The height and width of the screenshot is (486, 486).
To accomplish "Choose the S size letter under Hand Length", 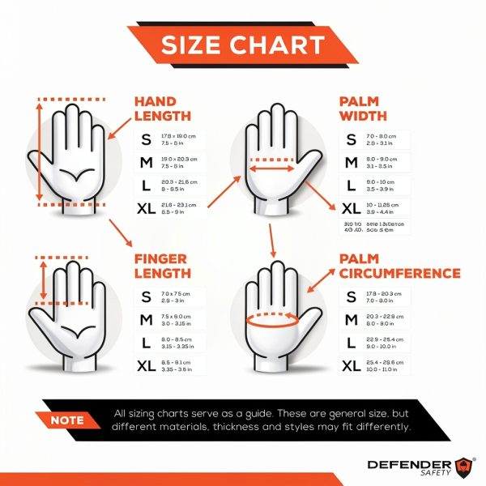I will (x=146, y=139).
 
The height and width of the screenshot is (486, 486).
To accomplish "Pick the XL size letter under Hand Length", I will (x=146, y=208).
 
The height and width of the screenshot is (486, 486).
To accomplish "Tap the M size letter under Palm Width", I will (x=351, y=163).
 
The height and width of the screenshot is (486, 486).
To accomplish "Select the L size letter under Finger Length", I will (x=146, y=343).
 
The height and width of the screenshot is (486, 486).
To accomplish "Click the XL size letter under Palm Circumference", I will (x=351, y=365).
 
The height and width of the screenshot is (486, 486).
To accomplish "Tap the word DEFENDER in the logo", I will (x=408, y=464).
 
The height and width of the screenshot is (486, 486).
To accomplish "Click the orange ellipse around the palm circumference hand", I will (x=272, y=321).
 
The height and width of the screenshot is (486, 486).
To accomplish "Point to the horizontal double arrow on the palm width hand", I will (x=272, y=170).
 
